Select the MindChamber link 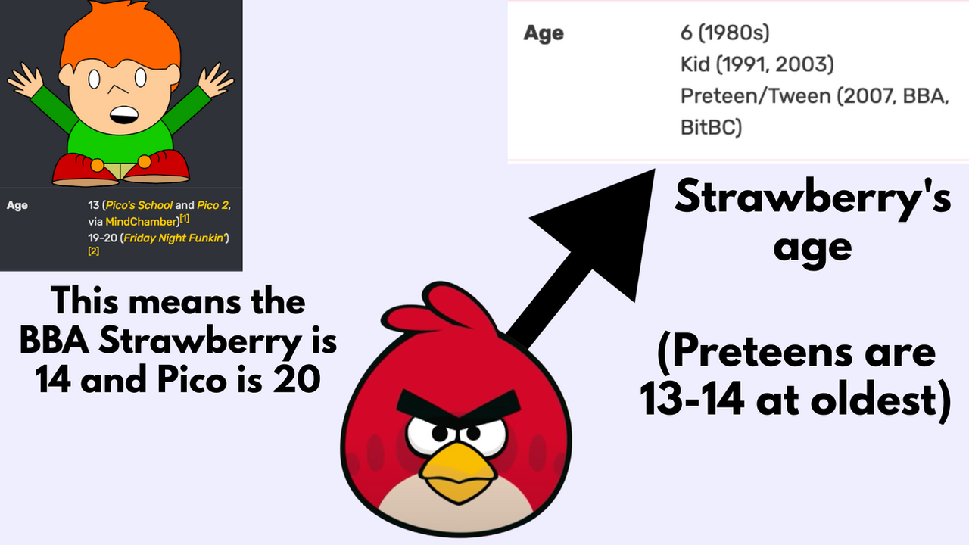click(x=142, y=222)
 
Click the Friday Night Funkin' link click(x=175, y=238)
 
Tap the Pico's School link click(x=139, y=205)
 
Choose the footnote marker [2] click(x=93, y=251)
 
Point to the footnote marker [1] click(x=185, y=219)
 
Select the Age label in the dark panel click(x=17, y=205)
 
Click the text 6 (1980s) click(x=725, y=33)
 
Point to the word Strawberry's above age click(x=812, y=199)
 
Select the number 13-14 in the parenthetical click(x=692, y=400)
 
